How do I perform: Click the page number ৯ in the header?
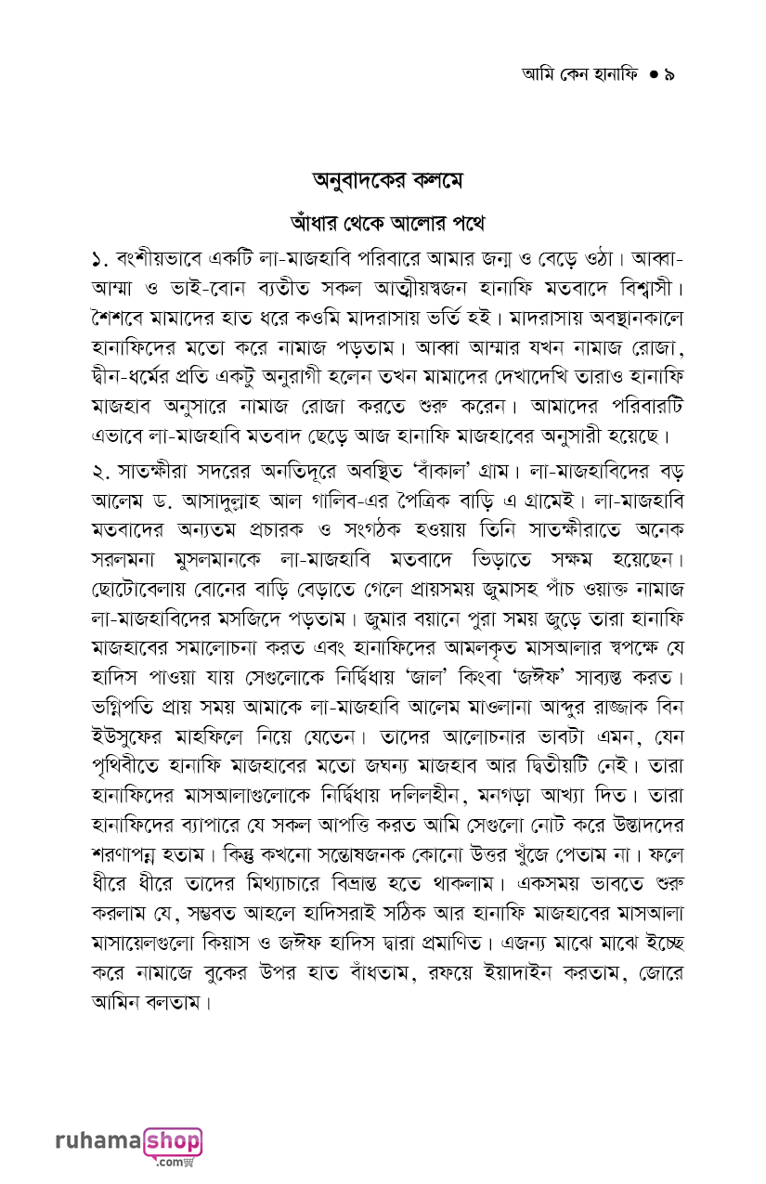[x=669, y=74]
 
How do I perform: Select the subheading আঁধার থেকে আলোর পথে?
[x=386, y=224]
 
